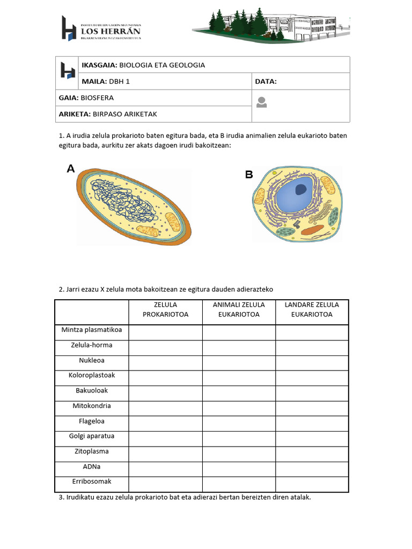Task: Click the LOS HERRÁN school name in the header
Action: (x=111, y=32)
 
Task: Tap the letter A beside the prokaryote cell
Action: (x=71, y=169)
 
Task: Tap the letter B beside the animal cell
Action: (x=249, y=175)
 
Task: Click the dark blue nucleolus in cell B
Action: (x=300, y=189)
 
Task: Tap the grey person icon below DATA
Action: (x=261, y=102)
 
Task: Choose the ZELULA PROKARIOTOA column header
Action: (x=165, y=310)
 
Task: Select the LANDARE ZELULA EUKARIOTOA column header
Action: (x=312, y=310)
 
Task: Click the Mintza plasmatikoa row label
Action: (x=92, y=330)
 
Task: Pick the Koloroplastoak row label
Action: (x=92, y=375)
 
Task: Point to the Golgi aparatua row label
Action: (x=92, y=436)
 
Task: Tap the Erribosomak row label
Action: (x=92, y=481)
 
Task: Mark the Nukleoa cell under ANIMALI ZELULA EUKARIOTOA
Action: (x=239, y=363)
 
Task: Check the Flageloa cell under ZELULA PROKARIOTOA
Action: (x=165, y=424)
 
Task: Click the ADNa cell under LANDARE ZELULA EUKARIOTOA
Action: (x=312, y=469)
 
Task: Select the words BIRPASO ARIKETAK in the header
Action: (x=125, y=114)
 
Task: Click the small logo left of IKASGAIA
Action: (x=68, y=73)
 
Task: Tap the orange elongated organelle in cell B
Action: (x=312, y=231)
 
